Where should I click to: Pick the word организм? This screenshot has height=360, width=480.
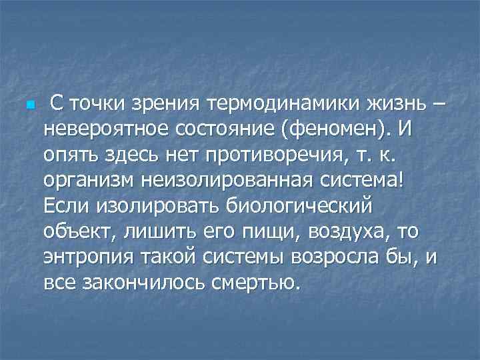(83, 181)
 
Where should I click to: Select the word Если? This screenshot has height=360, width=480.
(63, 207)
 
